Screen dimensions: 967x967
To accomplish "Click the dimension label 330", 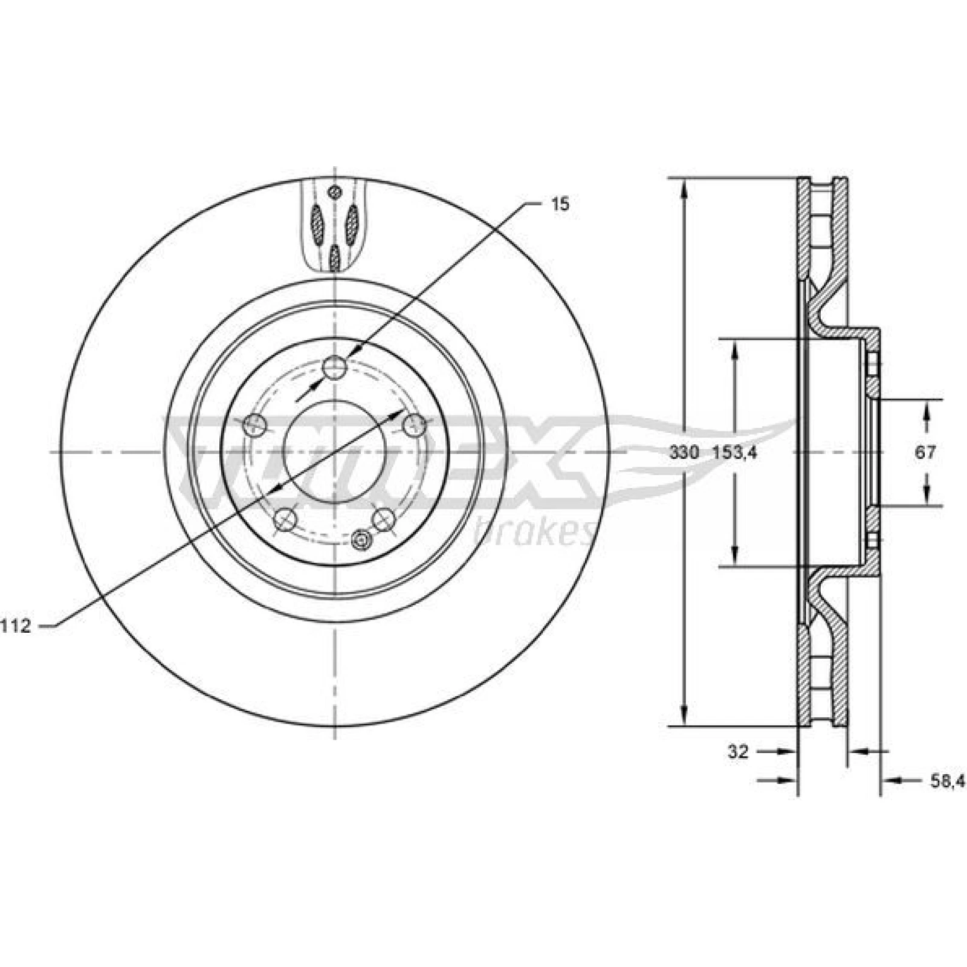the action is pyautogui.click(x=684, y=453).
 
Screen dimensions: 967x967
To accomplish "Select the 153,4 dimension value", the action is pyautogui.click(x=734, y=453).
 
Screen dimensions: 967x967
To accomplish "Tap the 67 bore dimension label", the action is pyautogui.click(x=925, y=452).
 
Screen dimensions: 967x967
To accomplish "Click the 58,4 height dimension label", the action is pyautogui.click(x=945, y=781).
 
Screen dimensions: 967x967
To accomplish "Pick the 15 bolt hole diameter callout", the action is pyautogui.click(x=560, y=204).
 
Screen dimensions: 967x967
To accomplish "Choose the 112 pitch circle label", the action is pyautogui.click(x=15, y=626).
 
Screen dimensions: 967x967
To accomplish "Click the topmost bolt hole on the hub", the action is pyautogui.click(x=334, y=367).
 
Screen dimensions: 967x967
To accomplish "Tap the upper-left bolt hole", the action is pyautogui.click(x=254, y=425).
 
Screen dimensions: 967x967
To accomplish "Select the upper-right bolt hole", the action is pyautogui.click(x=415, y=425).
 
